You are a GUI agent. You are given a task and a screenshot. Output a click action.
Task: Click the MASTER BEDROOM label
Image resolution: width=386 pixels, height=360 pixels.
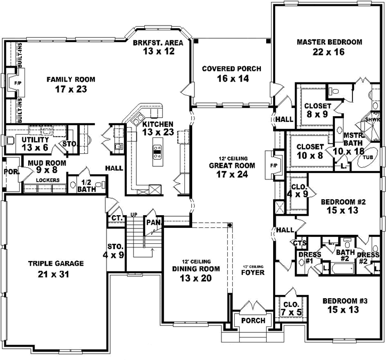[x=329, y=42]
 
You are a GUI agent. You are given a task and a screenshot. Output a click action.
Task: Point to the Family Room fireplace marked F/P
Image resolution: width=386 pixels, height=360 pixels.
[x=17, y=84]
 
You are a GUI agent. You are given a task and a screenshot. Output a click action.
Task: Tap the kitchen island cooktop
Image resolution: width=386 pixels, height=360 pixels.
[x=158, y=152]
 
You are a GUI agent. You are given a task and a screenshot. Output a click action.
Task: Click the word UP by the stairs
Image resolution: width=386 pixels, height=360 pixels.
[x=135, y=214]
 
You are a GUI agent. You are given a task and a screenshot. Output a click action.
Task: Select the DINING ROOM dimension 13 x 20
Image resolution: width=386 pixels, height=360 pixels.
[x=194, y=278]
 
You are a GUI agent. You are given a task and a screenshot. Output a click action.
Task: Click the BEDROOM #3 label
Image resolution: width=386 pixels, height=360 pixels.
[x=344, y=301]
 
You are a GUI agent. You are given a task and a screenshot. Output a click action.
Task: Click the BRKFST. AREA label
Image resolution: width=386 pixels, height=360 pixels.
[x=159, y=43]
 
